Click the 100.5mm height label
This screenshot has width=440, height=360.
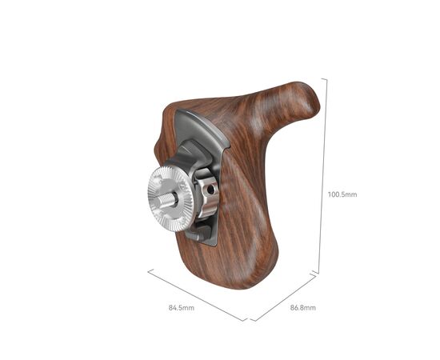point(342,194)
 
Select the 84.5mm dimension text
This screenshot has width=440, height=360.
point(180,306)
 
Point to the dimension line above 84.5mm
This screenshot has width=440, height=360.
point(196,294)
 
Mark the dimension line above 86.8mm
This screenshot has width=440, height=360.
point(284,297)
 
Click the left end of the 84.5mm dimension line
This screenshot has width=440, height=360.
point(148,270)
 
